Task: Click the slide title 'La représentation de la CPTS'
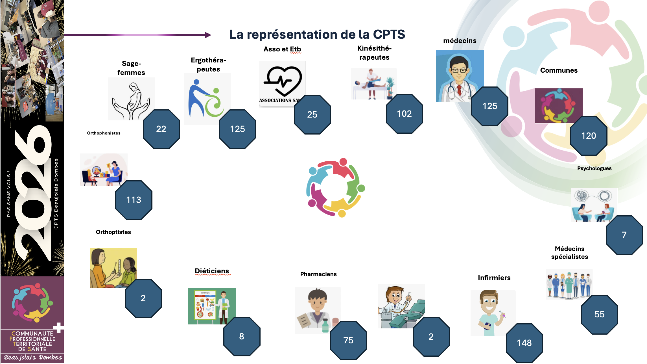tap(317, 34)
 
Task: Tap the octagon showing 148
tap(524, 343)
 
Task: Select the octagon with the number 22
tap(161, 129)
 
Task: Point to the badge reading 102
tap(404, 114)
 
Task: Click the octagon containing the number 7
tap(624, 235)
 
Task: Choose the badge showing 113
tap(134, 200)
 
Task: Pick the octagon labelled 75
tap(348, 340)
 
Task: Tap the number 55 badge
tap(599, 314)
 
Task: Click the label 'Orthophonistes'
tap(104, 133)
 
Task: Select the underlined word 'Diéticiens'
tap(212, 271)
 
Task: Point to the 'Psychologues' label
tap(594, 168)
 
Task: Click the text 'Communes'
tap(559, 70)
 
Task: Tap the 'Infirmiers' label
tap(494, 278)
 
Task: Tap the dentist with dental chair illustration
tap(401, 306)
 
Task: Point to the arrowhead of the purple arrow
tap(208, 35)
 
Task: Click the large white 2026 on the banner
tap(32, 192)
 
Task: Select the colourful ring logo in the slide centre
tap(336, 187)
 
